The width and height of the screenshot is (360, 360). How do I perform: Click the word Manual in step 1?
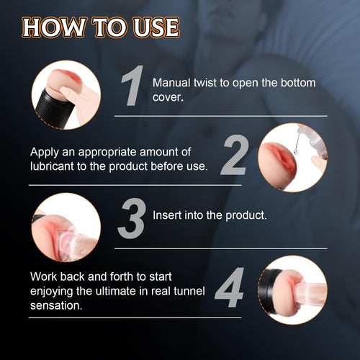pyautogui.click(x=171, y=83)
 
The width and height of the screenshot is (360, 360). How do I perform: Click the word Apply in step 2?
pyautogui.click(x=45, y=152)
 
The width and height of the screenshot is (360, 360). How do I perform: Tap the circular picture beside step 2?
pyautogui.click(x=292, y=156)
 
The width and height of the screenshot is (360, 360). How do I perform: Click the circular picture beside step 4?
pyautogui.click(x=292, y=289)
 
